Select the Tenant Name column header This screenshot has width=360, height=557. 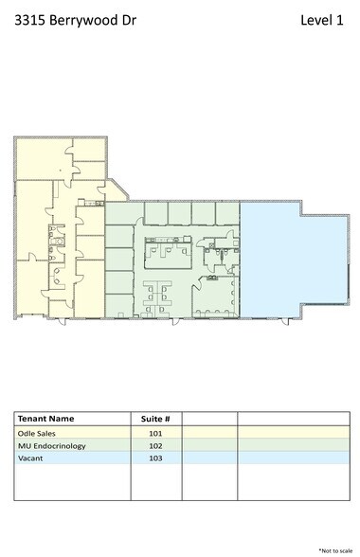click(x=47, y=418)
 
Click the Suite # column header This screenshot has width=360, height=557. click(x=155, y=418)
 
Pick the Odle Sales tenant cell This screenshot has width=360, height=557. click(x=37, y=432)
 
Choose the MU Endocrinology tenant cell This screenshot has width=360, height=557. click(x=52, y=445)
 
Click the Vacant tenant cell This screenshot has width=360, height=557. click(x=30, y=458)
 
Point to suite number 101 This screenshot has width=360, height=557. click(x=155, y=432)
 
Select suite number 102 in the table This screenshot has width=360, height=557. click(x=155, y=445)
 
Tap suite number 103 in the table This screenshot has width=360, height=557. click(x=155, y=458)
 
